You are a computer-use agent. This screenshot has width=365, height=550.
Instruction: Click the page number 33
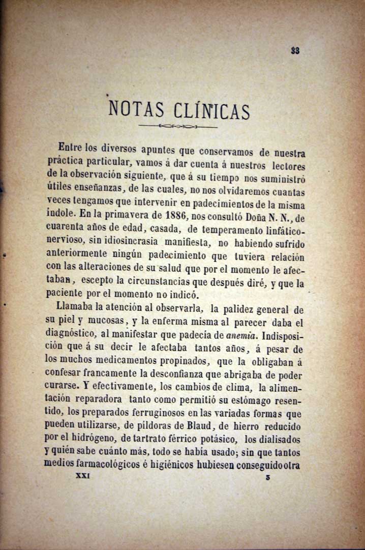295,50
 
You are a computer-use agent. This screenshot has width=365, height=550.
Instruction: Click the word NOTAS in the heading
137,109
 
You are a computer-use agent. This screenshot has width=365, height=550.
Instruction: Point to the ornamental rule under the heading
177,126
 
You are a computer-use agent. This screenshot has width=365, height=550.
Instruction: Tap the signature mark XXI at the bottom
82,477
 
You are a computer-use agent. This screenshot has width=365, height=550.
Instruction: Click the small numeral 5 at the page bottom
267,478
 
